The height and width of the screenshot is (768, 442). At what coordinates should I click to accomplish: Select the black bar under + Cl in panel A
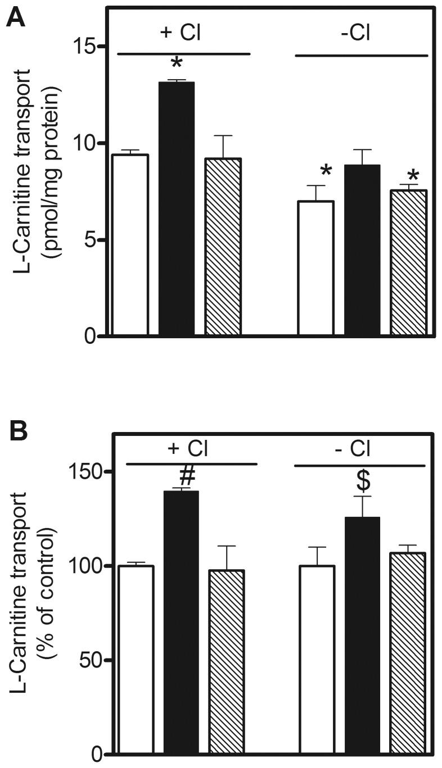point(177,209)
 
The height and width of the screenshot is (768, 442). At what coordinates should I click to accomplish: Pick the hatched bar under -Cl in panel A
point(408,263)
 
